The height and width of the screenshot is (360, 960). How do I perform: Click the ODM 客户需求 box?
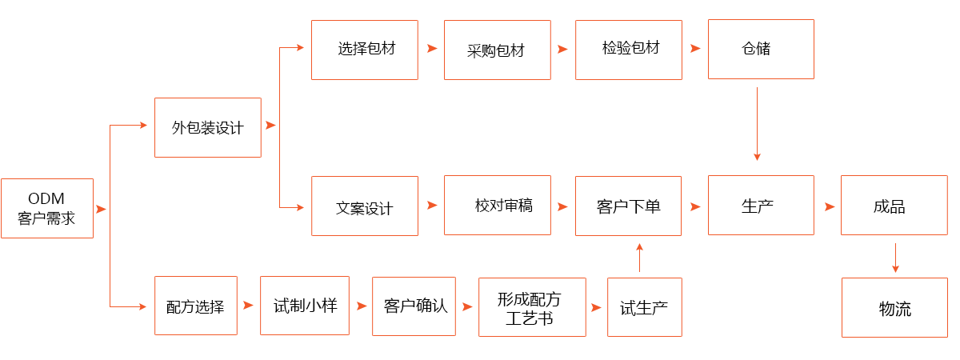46,208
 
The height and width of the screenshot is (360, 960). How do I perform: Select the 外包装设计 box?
207,127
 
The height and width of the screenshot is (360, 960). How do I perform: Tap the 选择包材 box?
365,49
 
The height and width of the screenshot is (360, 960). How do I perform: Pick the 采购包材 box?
497,50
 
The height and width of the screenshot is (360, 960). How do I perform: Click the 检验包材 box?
629,49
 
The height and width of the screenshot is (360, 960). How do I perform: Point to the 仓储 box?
760,49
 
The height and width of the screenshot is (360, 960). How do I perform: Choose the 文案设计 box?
365,206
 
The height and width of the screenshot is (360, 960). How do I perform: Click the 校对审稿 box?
497,206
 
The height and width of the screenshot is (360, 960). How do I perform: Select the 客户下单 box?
629,206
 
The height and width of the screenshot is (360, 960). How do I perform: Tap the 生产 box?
760,206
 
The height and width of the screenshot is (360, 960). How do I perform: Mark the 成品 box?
893,206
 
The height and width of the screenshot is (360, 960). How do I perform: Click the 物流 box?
894,308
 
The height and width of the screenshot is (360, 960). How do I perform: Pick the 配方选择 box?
196,306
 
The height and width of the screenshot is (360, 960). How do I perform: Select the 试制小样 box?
303,306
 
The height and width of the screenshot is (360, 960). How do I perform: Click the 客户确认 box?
414,306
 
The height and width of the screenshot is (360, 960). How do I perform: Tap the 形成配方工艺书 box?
531,307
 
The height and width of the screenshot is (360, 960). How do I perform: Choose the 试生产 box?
644,307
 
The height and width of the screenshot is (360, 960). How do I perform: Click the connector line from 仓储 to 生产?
757,120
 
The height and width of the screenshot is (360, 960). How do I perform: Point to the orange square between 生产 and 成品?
830,206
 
